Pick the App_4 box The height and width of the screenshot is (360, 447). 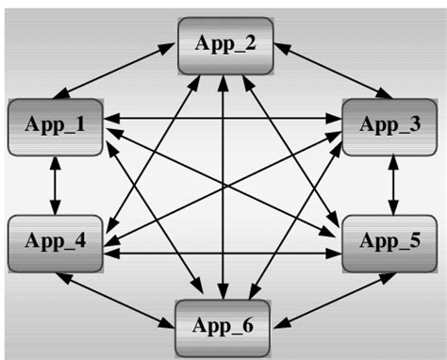click(x=54, y=241)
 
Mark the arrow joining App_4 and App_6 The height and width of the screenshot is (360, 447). click(x=118, y=297)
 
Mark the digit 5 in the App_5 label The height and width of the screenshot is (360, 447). click(x=416, y=241)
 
